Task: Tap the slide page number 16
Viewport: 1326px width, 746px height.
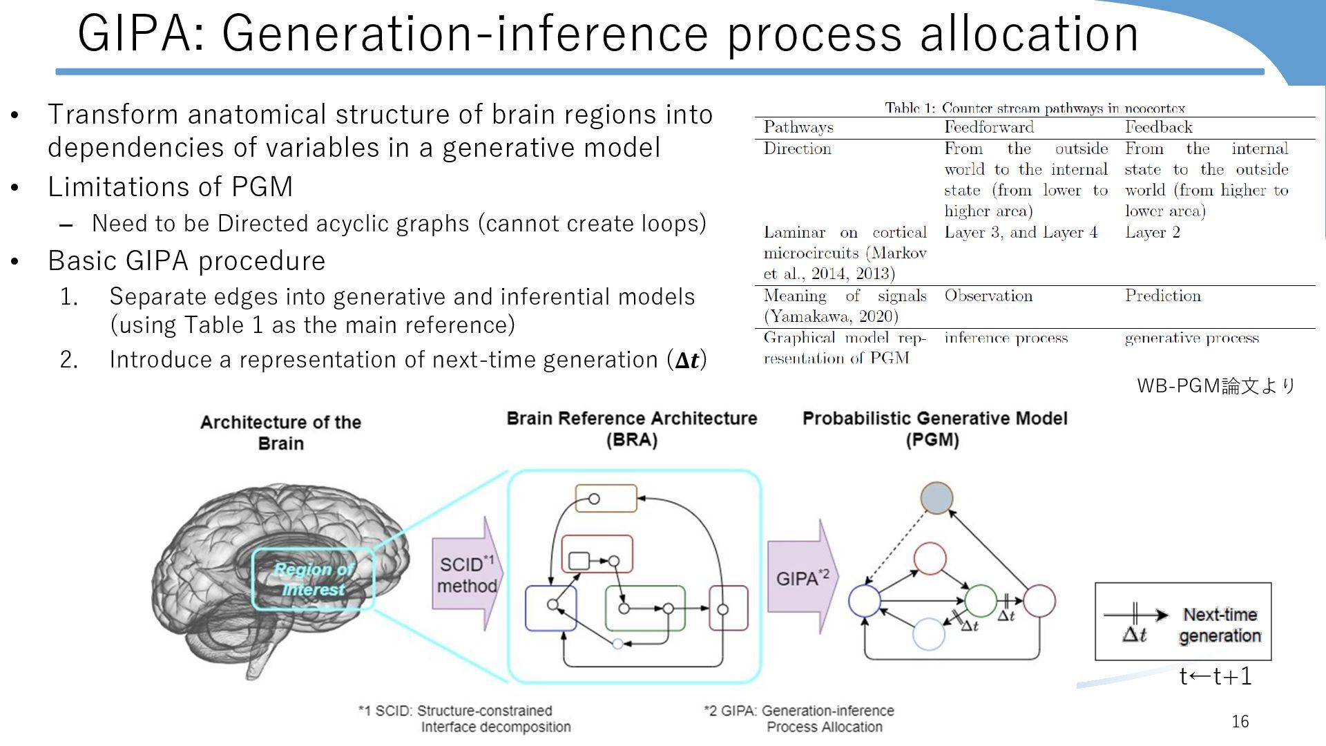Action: pyautogui.click(x=1240, y=722)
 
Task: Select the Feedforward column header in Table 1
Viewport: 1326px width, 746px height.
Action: pyautogui.click(x=989, y=127)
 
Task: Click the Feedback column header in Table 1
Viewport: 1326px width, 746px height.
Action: pyautogui.click(x=1158, y=127)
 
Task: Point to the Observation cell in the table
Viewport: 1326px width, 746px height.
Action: pyautogui.click(x=988, y=296)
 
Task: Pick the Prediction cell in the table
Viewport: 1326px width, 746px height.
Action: pyautogui.click(x=1162, y=296)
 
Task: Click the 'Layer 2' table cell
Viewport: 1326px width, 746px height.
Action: pyautogui.click(x=1152, y=232)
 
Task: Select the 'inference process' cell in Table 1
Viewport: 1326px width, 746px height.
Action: pyautogui.click(x=1006, y=338)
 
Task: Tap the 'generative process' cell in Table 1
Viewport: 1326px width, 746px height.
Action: pyautogui.click(x=1191, y=338)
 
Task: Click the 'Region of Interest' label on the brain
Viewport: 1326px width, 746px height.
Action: pyautogui.click(x=314, y=579)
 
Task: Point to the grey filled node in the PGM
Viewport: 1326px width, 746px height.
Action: pyautogui.click(x=937, y=498)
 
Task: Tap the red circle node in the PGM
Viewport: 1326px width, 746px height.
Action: pyautogui.click(x=930, y=559)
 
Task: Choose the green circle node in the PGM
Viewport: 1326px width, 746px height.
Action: pyautogui.click(x=980, y=600)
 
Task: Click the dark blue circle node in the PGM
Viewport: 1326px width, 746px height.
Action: pyautogui.click(x=865, y=600)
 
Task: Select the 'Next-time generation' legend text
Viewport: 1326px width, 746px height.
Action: pyautogui.click(x=1220, y=625)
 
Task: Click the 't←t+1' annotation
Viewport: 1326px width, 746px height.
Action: pyautogui.click(x=1215, y=676)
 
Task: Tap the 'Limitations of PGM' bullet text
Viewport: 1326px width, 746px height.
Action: pyautogui.click(x=170, y=186)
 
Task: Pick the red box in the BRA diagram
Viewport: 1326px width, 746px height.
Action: pyautogui.click(x=597, y=553)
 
